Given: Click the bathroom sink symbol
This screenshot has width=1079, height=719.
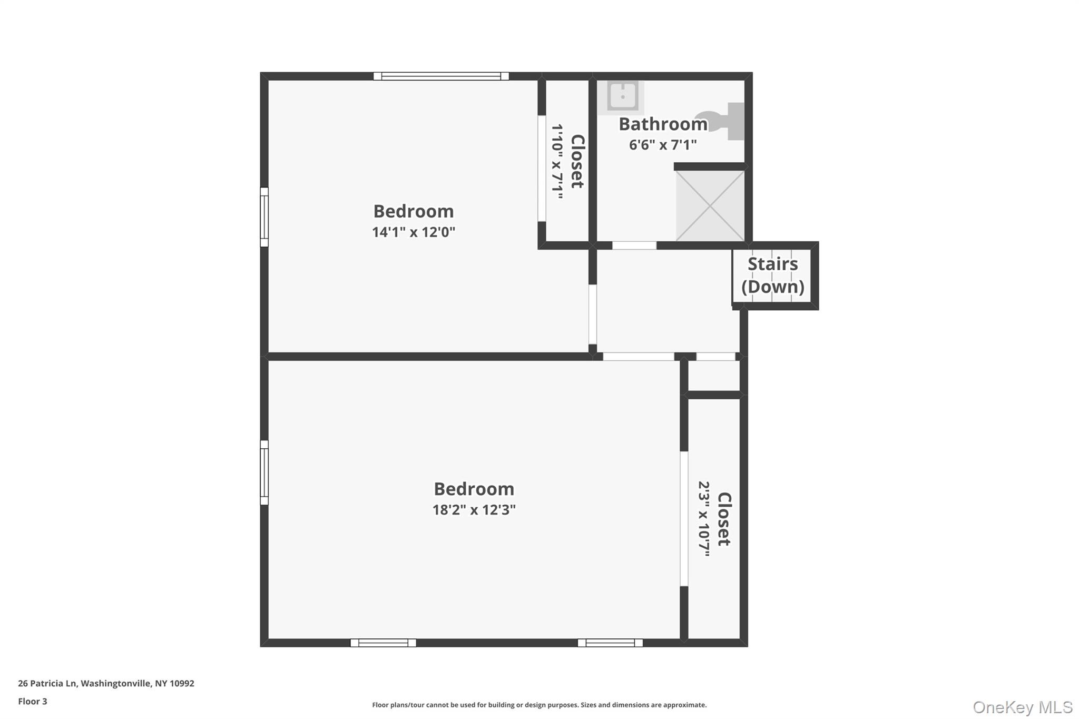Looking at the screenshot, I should (622, 96).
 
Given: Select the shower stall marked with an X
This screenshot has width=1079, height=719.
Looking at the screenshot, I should (710, 206).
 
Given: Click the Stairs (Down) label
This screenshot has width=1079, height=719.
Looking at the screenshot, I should (772, 275).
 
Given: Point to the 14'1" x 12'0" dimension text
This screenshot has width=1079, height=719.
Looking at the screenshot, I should (414, 232).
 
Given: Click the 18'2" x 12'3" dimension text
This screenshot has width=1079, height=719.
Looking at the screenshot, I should (474, 510).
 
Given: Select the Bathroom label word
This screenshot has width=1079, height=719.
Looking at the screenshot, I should (663, 124).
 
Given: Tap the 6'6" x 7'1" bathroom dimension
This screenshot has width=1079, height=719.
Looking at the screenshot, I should (663, 145).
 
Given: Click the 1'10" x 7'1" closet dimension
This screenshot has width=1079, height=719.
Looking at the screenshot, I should (557, 161).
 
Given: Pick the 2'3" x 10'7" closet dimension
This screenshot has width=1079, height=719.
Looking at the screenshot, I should (704, 518).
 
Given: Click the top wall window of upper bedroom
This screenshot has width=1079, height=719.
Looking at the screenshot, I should (441, 76).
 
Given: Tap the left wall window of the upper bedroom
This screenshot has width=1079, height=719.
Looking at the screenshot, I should (264, 217).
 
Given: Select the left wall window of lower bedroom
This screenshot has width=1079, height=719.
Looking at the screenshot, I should (264, 472).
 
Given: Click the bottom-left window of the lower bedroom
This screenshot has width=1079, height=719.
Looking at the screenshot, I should (383, 643).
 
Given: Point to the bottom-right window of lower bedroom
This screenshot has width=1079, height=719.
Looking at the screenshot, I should (610, 643).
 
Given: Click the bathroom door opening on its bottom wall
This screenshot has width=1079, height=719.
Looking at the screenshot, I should (634, 245).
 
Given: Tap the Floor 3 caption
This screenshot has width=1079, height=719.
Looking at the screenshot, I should (33, 701).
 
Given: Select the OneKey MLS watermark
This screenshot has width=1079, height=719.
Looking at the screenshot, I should (1022, 707).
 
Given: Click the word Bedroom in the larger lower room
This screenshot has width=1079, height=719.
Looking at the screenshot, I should (474, 489).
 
